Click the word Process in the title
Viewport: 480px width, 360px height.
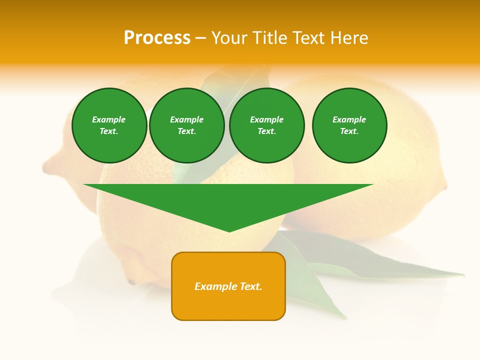tap(157, 38)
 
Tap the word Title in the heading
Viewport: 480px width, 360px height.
tap(269, 38)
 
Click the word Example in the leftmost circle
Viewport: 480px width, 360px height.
tap(109, 119)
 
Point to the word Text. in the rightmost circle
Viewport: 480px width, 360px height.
tap(349, 131)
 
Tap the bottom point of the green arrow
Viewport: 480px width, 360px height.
tap(229, 231)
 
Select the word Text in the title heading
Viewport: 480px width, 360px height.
tap(307, 38)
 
